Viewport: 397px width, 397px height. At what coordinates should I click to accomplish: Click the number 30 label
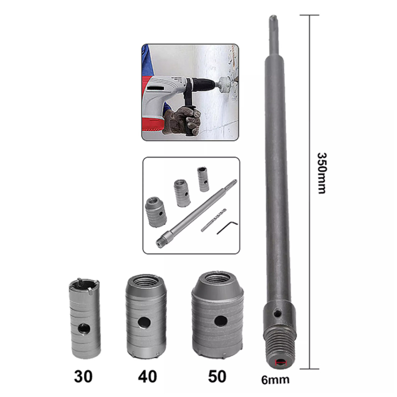83,376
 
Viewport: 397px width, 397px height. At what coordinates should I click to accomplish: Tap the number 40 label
147,376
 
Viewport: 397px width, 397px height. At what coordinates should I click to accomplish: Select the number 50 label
217,376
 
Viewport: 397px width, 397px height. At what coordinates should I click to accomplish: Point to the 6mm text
275,380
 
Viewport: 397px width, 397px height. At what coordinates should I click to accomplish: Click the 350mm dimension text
322,173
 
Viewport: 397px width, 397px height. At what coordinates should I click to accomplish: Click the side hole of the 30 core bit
84,329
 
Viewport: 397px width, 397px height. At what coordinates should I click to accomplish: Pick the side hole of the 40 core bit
145,322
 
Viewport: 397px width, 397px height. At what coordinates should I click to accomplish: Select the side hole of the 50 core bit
221,321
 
